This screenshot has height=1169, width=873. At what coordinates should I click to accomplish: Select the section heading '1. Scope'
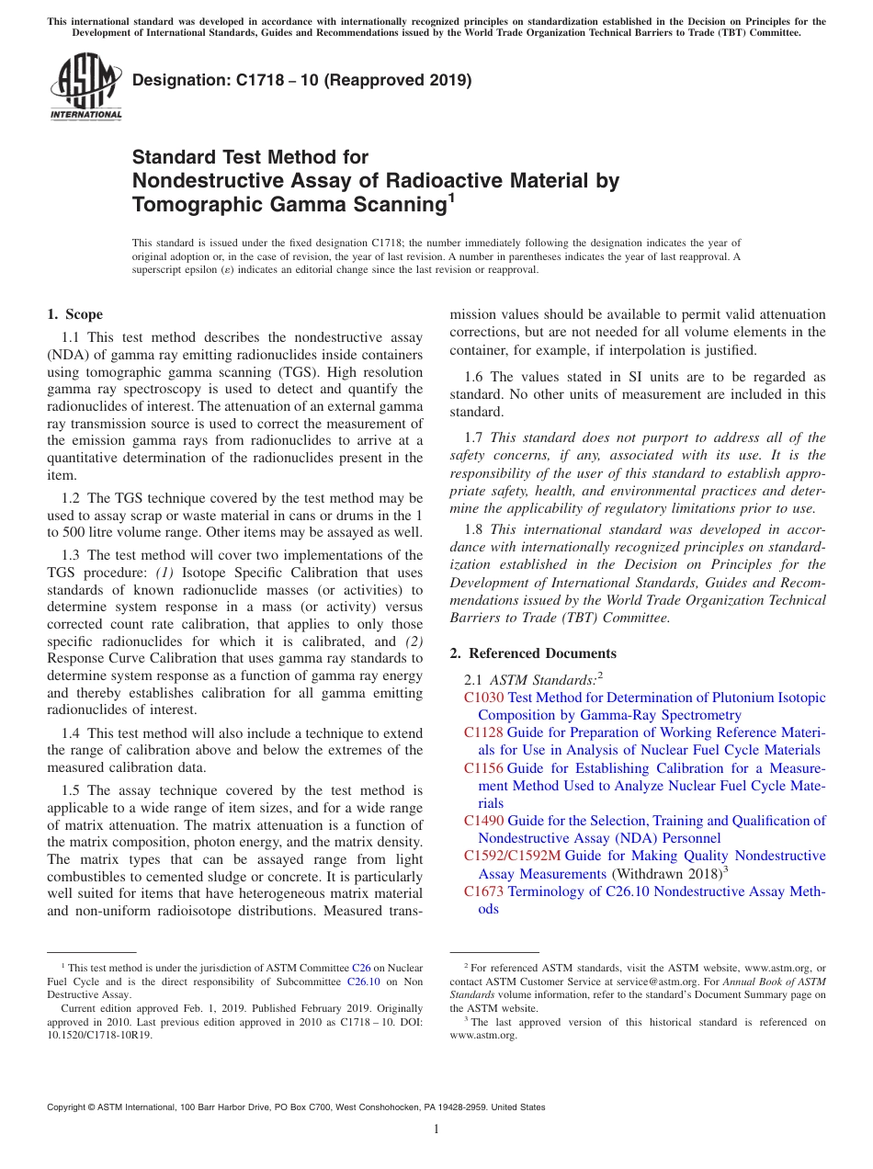tap(74, 314)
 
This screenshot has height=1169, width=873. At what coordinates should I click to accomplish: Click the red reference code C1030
tap(483, 698)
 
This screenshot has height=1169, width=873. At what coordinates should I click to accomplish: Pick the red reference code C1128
tap(483, 732)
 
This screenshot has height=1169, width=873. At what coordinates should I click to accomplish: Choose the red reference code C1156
tap(483, 768)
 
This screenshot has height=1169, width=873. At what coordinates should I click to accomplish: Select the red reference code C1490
tap(483, 821)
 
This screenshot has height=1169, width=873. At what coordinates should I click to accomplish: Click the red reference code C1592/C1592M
tap(512, 856)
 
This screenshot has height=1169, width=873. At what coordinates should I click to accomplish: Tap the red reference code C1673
tap(483, 891)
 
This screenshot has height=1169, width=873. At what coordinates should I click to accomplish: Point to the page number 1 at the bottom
tap(436, 1129)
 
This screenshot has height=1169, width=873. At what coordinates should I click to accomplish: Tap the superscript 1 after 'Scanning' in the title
tap(450, 198)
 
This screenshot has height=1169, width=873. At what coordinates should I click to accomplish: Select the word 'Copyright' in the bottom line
tap(68, 1107)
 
